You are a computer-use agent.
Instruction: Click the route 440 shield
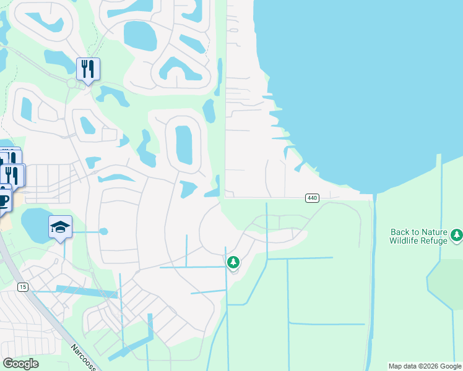pyautogui.click(x=312, y=198)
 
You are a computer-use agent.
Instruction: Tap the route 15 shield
pyautogui.click(x=23, y=287)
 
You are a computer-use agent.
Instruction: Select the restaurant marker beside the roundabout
pyautogui.click(x=87, y=70)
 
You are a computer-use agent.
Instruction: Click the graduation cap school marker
pyautogui.click(x=60, y=228)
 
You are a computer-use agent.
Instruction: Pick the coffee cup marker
pyautogui.click(x=3, y=201)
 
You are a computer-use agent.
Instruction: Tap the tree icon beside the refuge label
pyautogui.click(x=457, y=235)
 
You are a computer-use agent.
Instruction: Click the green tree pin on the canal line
pyautogui.click(x=233, y=263)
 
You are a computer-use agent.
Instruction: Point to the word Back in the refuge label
pyautogui.click(x=400, y=232)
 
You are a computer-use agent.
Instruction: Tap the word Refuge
pyautogui.click(x=435, y=241)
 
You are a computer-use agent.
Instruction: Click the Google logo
pyautogui.click(x=20, y=364)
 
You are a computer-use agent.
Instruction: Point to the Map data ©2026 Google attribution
pyautogui.click(x=425, y=366)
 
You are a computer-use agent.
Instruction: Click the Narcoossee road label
pyautogui.click(x=83, y=357)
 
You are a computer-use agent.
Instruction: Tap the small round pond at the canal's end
pyautogui.click(x=103, y=231)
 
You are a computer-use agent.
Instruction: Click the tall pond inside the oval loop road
pyautogui.click(x=184, y=145)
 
